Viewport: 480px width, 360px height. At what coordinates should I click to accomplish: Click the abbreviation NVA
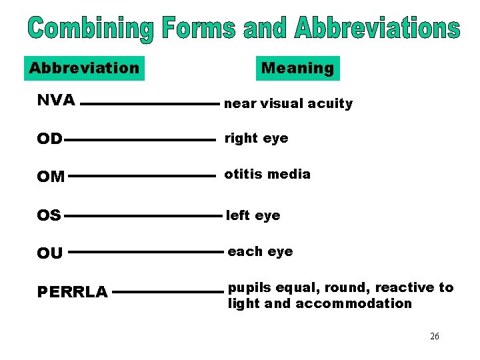click(x=55, y=101)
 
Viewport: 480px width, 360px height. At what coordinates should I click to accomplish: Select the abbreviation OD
click(x=49, y=139)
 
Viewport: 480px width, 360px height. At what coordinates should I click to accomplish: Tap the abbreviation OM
click(x=51, y=177)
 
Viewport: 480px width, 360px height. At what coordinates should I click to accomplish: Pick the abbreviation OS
click(x=49, y=215)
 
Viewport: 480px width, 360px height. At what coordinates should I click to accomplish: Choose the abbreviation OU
click(x=50, y=253)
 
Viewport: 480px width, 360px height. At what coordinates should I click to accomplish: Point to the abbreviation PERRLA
click(x=72, y=292)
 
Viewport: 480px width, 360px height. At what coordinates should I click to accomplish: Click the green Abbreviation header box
click(x=84, y=68)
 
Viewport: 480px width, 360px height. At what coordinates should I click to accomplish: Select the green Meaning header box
click(x=297, y=68)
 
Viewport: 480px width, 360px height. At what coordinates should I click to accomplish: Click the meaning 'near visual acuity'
click(x=288, y=103)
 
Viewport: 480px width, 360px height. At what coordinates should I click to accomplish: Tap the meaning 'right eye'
click(x=257, y=139)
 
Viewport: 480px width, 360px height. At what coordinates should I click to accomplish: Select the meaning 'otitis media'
click(x=267, y=174)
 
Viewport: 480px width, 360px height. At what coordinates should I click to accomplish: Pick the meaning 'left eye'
click(x=253, y=215)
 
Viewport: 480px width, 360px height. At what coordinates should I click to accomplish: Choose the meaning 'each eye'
click(x=260, y=251)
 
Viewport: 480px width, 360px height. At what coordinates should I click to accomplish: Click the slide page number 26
click(x=434, y=337)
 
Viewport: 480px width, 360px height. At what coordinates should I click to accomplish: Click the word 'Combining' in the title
click(x=91, y=29)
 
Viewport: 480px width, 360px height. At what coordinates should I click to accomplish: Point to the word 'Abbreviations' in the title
click(x=377, y=29)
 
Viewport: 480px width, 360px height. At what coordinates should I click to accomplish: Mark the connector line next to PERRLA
click(x=167, y=292)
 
